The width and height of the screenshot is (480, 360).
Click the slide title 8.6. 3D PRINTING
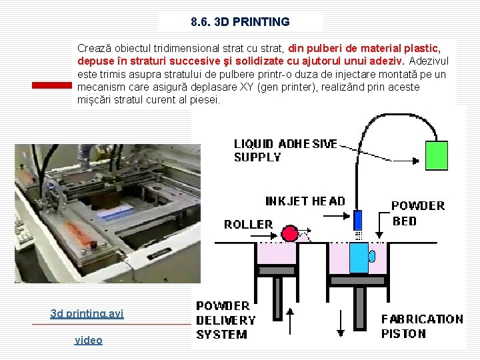click(240, 22)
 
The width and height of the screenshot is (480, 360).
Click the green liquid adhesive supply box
click(437, 155)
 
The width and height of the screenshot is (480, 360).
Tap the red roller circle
click(290, 233)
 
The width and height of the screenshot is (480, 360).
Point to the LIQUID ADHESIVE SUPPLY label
click(285, 151)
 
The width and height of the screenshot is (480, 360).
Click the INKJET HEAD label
click(305, 201)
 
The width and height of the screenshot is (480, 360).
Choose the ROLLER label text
click(248, 225)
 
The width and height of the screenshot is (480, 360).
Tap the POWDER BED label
click(417, 213)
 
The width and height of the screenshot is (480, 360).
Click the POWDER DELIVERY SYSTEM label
click(226, 320)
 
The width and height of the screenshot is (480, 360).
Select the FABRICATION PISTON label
click(421, 327)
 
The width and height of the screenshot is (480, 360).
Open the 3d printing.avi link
click(87, 313)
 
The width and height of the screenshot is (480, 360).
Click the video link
click(88, 340)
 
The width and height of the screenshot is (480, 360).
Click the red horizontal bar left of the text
click(53, 85)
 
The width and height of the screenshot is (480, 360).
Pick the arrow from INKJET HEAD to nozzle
click(346, 215)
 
